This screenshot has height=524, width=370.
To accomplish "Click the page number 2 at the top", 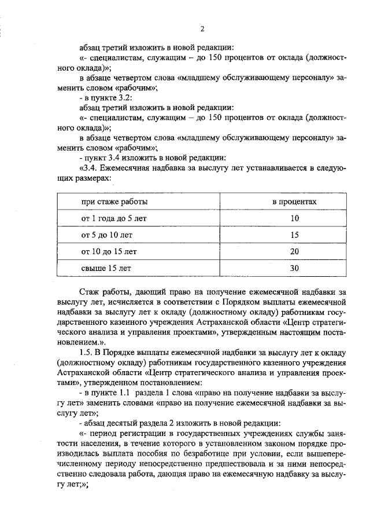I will pyautogui.click(x=202, y=30).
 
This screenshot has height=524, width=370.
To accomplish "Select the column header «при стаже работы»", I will pyautogui.click(x=114, y=202).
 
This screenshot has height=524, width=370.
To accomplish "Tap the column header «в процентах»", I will pyautogui.click(x=295, y=202).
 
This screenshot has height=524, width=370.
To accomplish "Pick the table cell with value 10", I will pyautogui.click(x=295, y=219).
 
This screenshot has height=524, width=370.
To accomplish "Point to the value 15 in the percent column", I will pyautogui.click(x=295, y=235).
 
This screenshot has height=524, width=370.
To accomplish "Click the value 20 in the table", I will pyautogui.click(x=295, y=252).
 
